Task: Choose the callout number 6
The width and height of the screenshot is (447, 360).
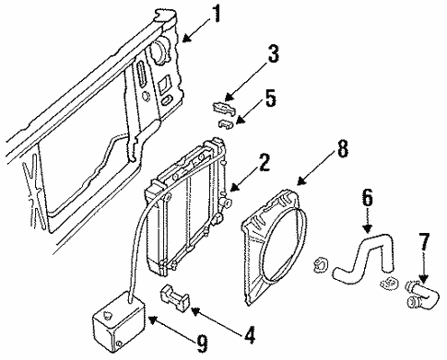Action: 366,197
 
